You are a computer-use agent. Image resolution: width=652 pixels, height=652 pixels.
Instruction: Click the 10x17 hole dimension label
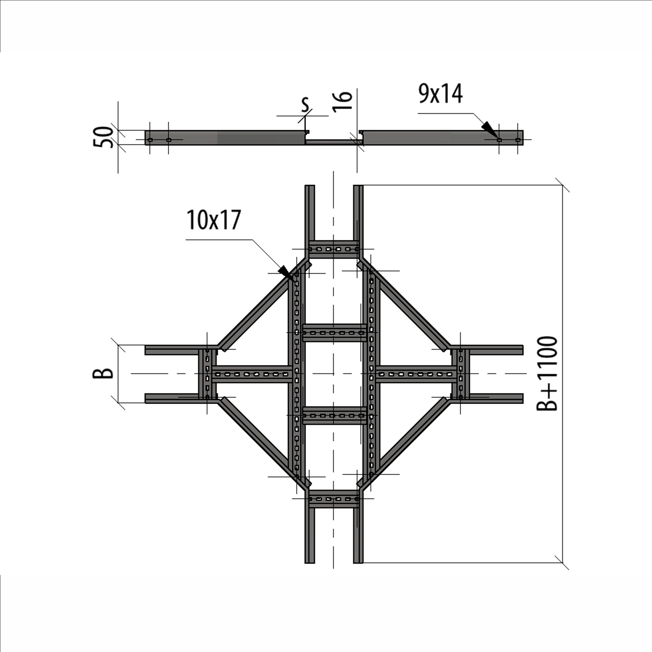(214, 220)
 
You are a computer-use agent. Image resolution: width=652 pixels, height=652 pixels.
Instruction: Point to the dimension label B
(103, 373)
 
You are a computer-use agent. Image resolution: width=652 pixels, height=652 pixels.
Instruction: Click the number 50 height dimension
(103, 137)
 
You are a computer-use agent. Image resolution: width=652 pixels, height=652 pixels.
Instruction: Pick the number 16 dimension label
(342, 101)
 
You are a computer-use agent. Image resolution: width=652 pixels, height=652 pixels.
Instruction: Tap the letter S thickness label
(305, 105)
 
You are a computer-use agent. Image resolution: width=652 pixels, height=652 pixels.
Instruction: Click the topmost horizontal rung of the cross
(333, 249)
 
